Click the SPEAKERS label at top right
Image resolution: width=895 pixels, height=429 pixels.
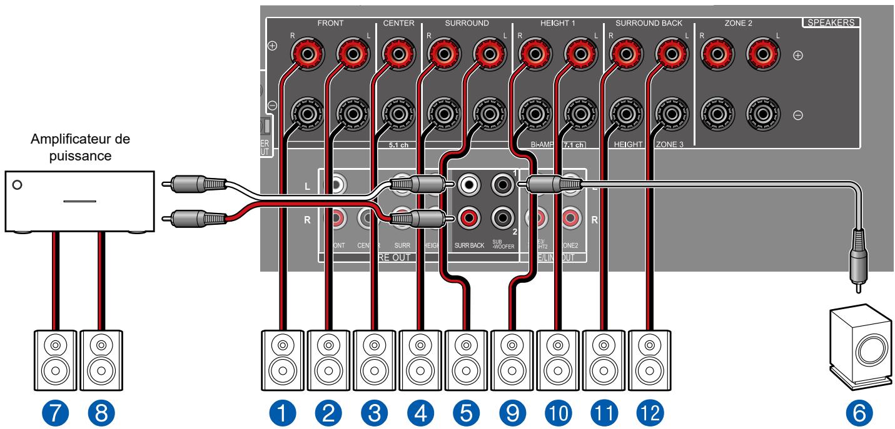click(x=830, y=23)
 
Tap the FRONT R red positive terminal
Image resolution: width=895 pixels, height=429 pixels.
click(x=306, y=56)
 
